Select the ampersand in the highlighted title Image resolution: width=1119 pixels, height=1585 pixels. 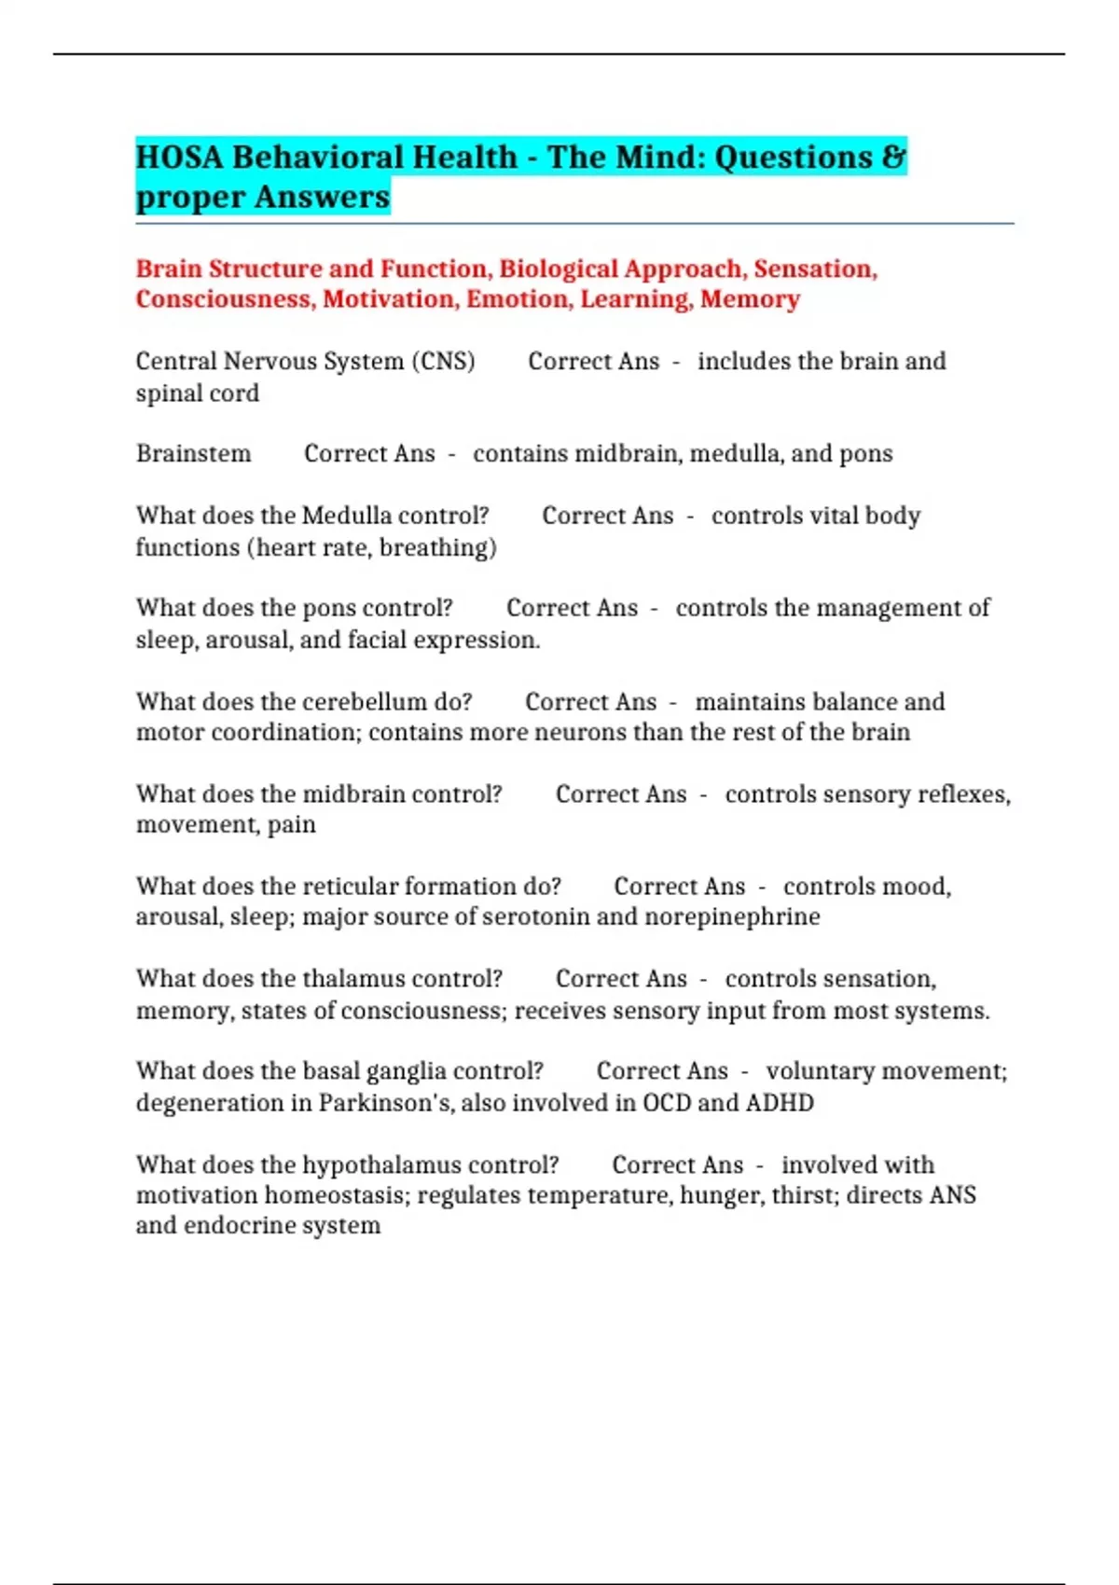(892, 157)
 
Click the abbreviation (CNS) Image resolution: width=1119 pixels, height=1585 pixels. (443, 361)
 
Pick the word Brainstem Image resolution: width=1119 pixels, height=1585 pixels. (193, 454)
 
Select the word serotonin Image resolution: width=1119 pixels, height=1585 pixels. (536, 917)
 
